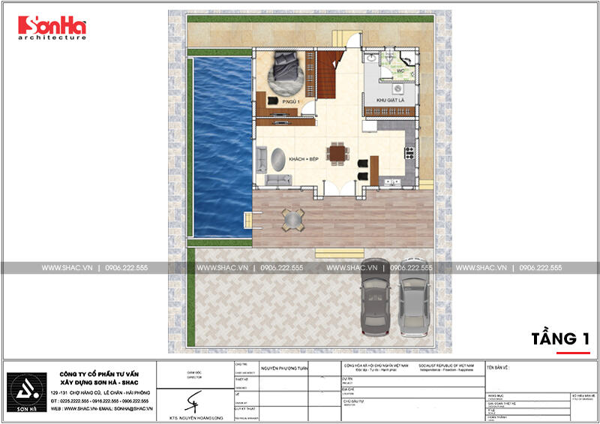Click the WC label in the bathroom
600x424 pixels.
coord(400,71)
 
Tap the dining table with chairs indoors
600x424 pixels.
coord(337,154)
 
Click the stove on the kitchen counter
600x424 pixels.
coord(409,155)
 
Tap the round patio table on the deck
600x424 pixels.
coord(291,218)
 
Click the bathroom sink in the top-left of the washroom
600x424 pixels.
coord(372,58)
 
